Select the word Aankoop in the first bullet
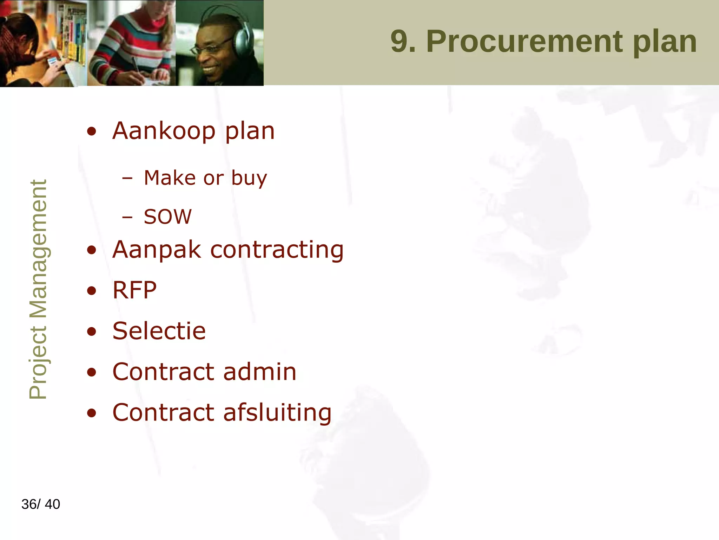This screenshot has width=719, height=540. coord(164,131)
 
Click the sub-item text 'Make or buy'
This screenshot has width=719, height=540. coord(205,178)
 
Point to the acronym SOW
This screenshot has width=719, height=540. coord(168,217)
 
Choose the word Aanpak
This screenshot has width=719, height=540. coord(157,250)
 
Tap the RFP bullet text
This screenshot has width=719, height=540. coord(134,290)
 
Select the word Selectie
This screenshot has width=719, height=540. coord(159,331)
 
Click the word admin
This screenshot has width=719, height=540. coord(260,372)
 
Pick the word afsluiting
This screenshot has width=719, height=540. coord(277,412)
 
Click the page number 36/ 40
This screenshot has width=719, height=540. coord(41,504)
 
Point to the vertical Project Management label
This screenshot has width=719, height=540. coord(38,289)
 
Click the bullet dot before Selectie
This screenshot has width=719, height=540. coord(92,332)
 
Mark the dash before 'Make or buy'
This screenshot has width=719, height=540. coord(127,179)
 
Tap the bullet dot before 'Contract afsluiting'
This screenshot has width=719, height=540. coord(92,413)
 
